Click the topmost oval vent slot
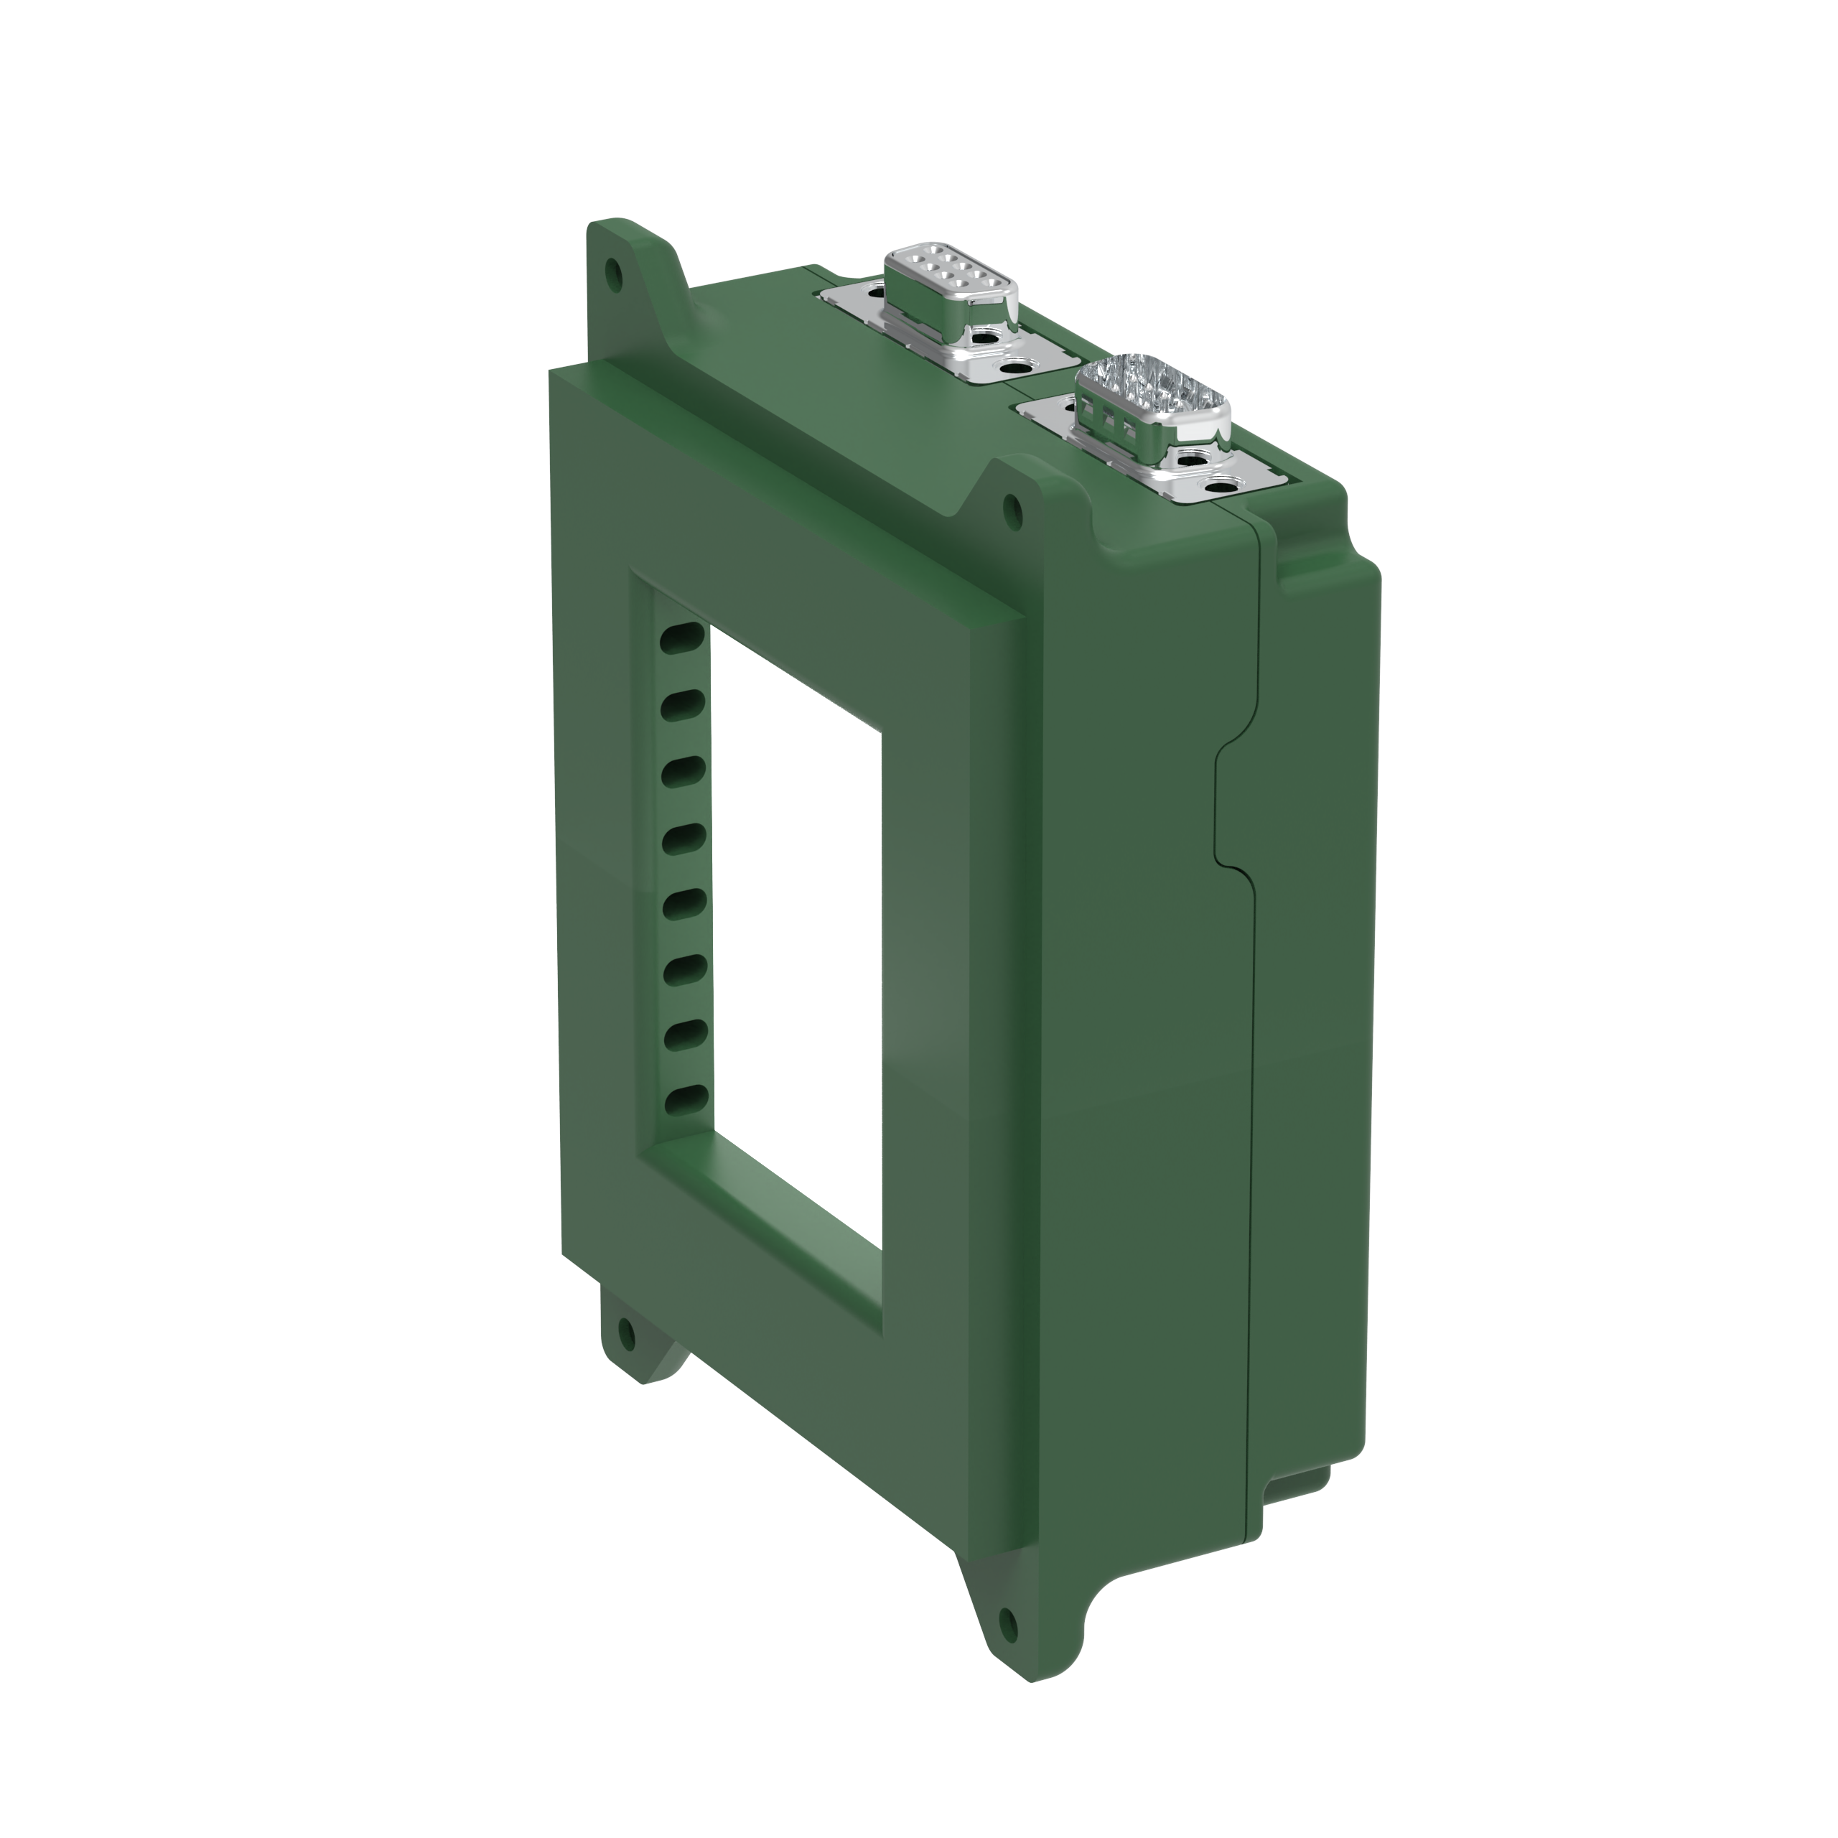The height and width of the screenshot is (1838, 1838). pos(683,638)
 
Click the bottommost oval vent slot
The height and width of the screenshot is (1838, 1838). pos(685,1101)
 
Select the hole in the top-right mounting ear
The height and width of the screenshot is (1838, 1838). pos(1013,511)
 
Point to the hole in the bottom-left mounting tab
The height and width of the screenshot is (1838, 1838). pos(626,1335)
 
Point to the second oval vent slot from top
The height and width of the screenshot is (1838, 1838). pos(683,705)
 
